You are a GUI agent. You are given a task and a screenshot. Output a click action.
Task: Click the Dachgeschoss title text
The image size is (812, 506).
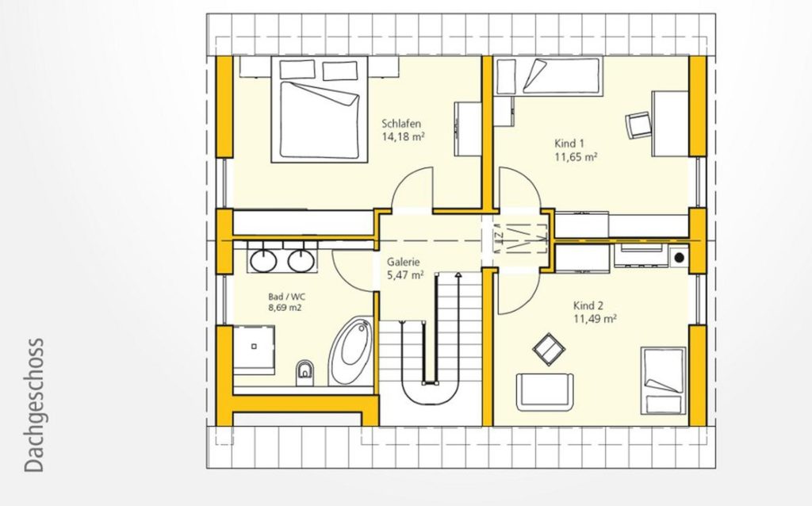tap(34, 405)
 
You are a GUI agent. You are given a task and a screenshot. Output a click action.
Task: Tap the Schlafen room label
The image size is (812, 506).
tap(401, 124)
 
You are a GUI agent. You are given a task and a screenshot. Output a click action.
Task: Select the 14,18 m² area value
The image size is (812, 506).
tap(404, 136)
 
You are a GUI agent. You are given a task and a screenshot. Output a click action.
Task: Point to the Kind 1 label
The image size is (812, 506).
tap(569, 144)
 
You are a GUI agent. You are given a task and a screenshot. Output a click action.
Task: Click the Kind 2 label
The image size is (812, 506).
tap(588, 305)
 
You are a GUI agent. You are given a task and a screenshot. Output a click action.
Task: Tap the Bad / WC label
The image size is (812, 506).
tap(286, 297)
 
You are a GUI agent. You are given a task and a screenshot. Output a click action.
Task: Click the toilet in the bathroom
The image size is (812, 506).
tap(305, 373)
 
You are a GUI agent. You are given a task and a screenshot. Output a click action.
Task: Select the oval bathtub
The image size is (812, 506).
tap(351, 351)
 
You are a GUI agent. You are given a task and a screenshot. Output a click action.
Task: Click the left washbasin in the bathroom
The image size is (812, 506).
tap(263, 260)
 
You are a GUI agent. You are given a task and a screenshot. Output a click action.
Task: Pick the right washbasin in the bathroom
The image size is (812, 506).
tap(301, 260)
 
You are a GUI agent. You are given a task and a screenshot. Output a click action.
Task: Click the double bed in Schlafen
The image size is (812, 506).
tap(320, 109)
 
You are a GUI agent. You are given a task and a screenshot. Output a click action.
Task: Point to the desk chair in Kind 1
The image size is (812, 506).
tap(638, 125)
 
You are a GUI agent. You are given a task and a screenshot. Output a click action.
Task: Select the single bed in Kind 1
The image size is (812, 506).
tap(550, 76)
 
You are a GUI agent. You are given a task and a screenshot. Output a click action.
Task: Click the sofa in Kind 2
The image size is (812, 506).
tap(546, 391)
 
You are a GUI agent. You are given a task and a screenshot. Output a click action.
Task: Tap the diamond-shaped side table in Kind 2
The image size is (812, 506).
tap(549, 349)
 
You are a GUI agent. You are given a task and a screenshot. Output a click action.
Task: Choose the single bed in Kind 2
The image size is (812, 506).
tap(664, 381)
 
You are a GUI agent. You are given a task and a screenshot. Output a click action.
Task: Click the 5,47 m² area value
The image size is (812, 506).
tap(405, 275)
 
